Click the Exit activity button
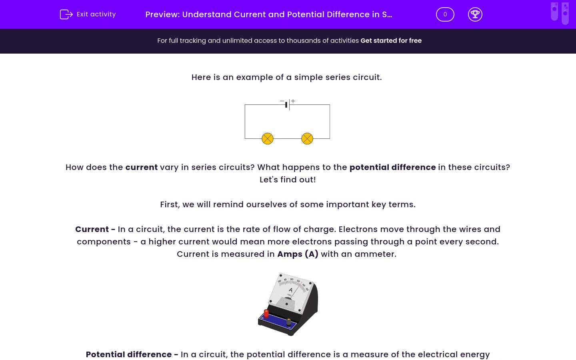click(88, 14)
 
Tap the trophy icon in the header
click(475, 14)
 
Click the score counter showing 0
click(445, 14)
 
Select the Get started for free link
click(391, 41)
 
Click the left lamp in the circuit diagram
click(267, 139)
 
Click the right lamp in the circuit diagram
click(307, 139)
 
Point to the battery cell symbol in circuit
click(288, 105)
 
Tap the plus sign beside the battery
click(293, 101)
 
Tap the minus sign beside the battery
click(282, 101)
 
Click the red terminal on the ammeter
click(266, 313)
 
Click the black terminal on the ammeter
click(288, 321)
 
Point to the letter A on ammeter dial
click(291, 290)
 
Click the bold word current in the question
click(141, 167)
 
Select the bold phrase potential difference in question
click(392, 167)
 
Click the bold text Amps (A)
click(298, 254)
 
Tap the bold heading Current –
click(95, 229)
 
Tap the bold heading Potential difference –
click(132, 354)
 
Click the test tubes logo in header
click(560, 13)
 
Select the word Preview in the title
click(162, 14)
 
